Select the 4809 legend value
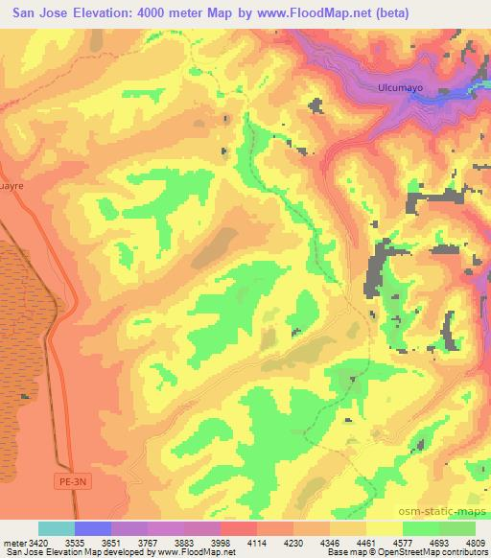coord(475,543)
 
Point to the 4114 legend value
coord(257,543)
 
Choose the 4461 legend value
coord(366,543)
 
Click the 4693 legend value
coord(439,543)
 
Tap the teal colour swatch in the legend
coord(56,528)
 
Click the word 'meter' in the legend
coord(12,543)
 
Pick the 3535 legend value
coord(74,543)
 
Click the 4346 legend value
coord(330,543)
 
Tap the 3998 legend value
coord(221,543)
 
